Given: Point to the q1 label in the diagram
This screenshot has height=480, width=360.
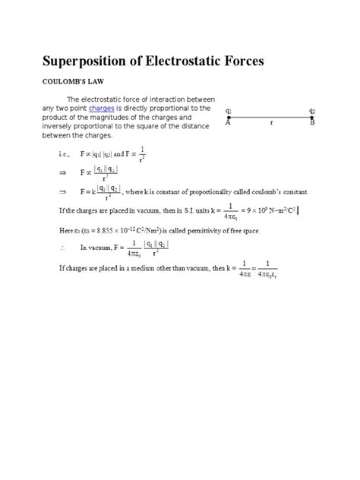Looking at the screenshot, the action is tap(229, 110).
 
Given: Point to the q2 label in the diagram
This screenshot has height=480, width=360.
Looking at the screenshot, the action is tap(312, 110).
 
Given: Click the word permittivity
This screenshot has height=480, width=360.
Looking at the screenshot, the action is tap(210, 229).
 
